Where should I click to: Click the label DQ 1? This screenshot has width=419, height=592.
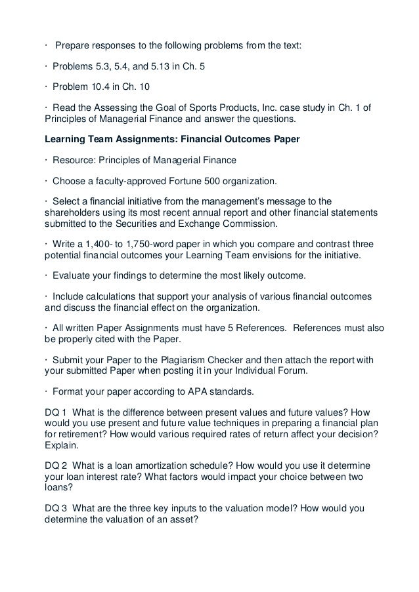point(55,413)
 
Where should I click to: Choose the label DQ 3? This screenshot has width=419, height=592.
point(55,508)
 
